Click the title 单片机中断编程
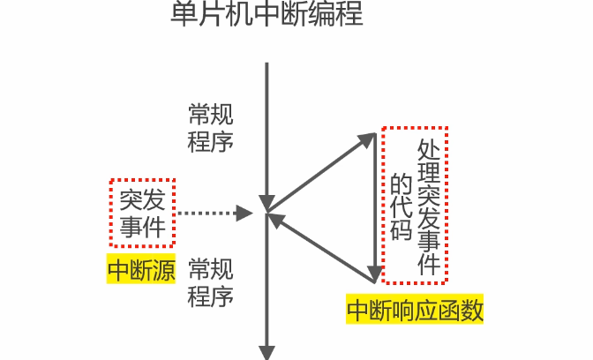[x=267, y=16]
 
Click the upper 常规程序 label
[x=211, y=128]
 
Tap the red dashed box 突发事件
[x=143, y=213]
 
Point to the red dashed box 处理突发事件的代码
[x=415, y=205]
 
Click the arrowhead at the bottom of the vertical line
[x=266, y=351]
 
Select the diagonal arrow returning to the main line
[x=323, y=246]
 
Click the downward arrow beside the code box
[x=377, y=207]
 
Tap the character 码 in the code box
[x=402, y=231]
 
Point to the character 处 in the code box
[x=429, y=149]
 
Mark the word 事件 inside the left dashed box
[x=143, y=227]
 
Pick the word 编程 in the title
[x=339, y=16]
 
